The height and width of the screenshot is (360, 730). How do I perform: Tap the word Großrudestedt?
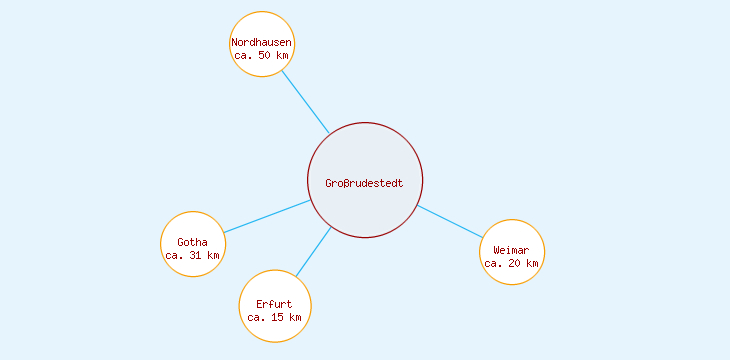[x=365, y=183]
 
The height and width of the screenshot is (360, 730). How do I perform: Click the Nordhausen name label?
[x=262, y=42]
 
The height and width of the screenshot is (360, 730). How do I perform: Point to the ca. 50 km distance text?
[x=262, y=56]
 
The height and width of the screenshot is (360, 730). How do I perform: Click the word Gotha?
[x=192, y=242]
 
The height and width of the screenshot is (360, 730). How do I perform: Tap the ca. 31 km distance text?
[x=192, y=255]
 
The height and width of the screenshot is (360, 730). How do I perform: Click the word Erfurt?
[x=274, y=304]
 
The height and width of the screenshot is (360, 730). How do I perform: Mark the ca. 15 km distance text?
[x=274, y=317]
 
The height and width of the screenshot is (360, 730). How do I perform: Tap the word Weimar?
[x=512, y=250]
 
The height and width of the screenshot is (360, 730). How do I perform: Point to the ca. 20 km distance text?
[x=512, y=264]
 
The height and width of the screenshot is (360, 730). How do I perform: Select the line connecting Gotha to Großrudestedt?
[x=267, y=216]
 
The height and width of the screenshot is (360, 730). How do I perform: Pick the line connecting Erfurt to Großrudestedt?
[x=313, y=252]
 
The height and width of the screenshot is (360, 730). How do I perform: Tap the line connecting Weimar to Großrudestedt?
[x=450, y=221]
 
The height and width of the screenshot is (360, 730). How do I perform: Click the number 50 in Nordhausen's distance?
[x=265, y=56]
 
